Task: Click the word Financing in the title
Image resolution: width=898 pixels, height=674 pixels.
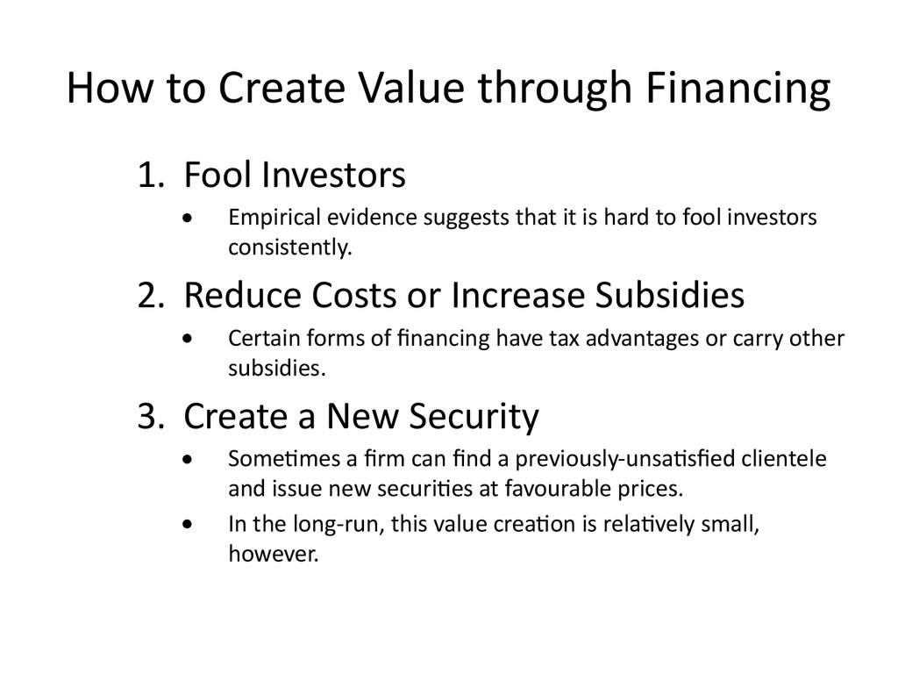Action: click(738, 89)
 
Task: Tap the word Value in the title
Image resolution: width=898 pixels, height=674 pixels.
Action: click(411, 88)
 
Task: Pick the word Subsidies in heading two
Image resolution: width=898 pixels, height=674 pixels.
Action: click(669, 295)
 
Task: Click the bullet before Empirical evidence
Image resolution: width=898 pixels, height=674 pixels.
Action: click(188, 218)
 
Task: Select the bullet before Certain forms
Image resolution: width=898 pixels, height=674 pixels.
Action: click(188, 339)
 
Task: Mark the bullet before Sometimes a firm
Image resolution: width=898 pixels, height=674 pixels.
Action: click(188, 459)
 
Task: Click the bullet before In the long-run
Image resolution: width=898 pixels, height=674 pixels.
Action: click(188, 524)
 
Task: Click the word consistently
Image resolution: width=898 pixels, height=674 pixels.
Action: click(289, 247)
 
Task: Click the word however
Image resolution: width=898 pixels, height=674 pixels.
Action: click(274, 554)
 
